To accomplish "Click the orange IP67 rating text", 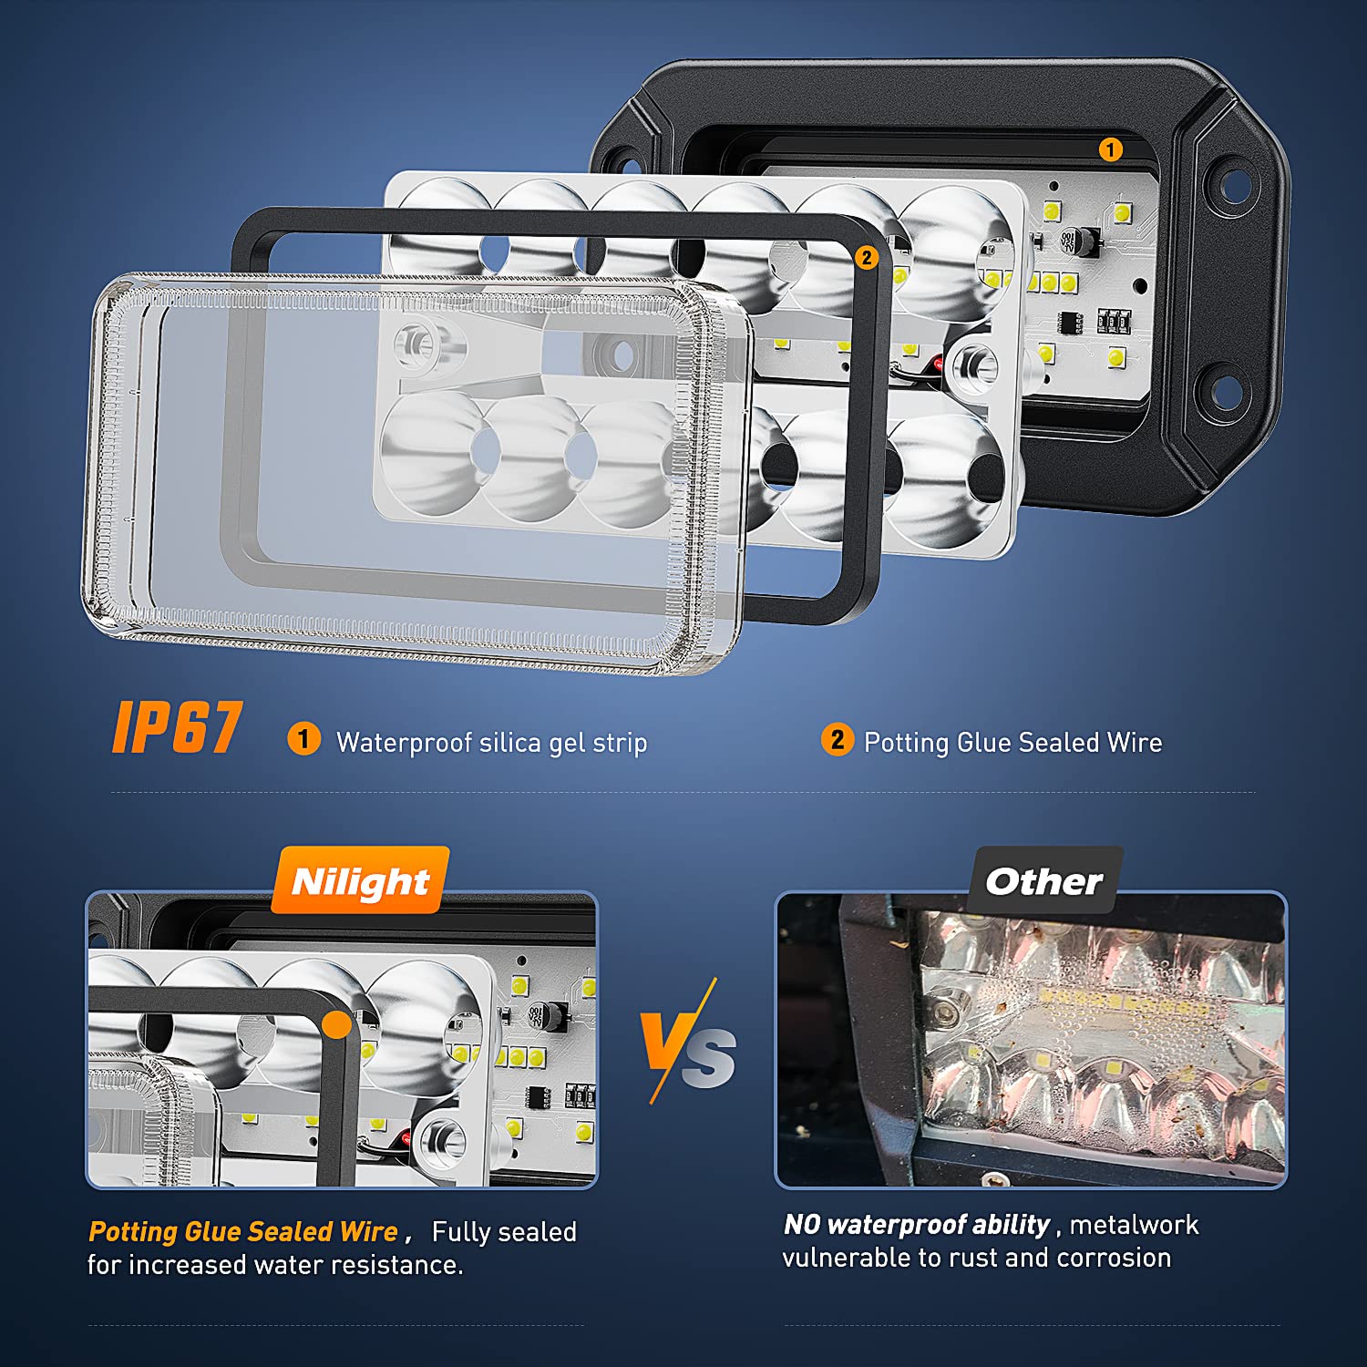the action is pos(178,727).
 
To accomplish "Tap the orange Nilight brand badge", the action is pos(360,880).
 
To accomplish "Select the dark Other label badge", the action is pos(1044,880).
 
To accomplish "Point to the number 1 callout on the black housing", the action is pos(1110,149).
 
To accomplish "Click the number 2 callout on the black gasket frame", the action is pos(866,258).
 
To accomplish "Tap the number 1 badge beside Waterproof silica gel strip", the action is pos(303,738).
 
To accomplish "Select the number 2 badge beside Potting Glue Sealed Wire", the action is pos(837,739).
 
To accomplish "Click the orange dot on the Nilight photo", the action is pos(336,1025).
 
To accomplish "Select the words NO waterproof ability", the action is pos(917,1225).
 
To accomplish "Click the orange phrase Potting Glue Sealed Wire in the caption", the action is pos(243,1232).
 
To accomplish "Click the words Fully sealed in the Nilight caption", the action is pos(504,1232).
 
